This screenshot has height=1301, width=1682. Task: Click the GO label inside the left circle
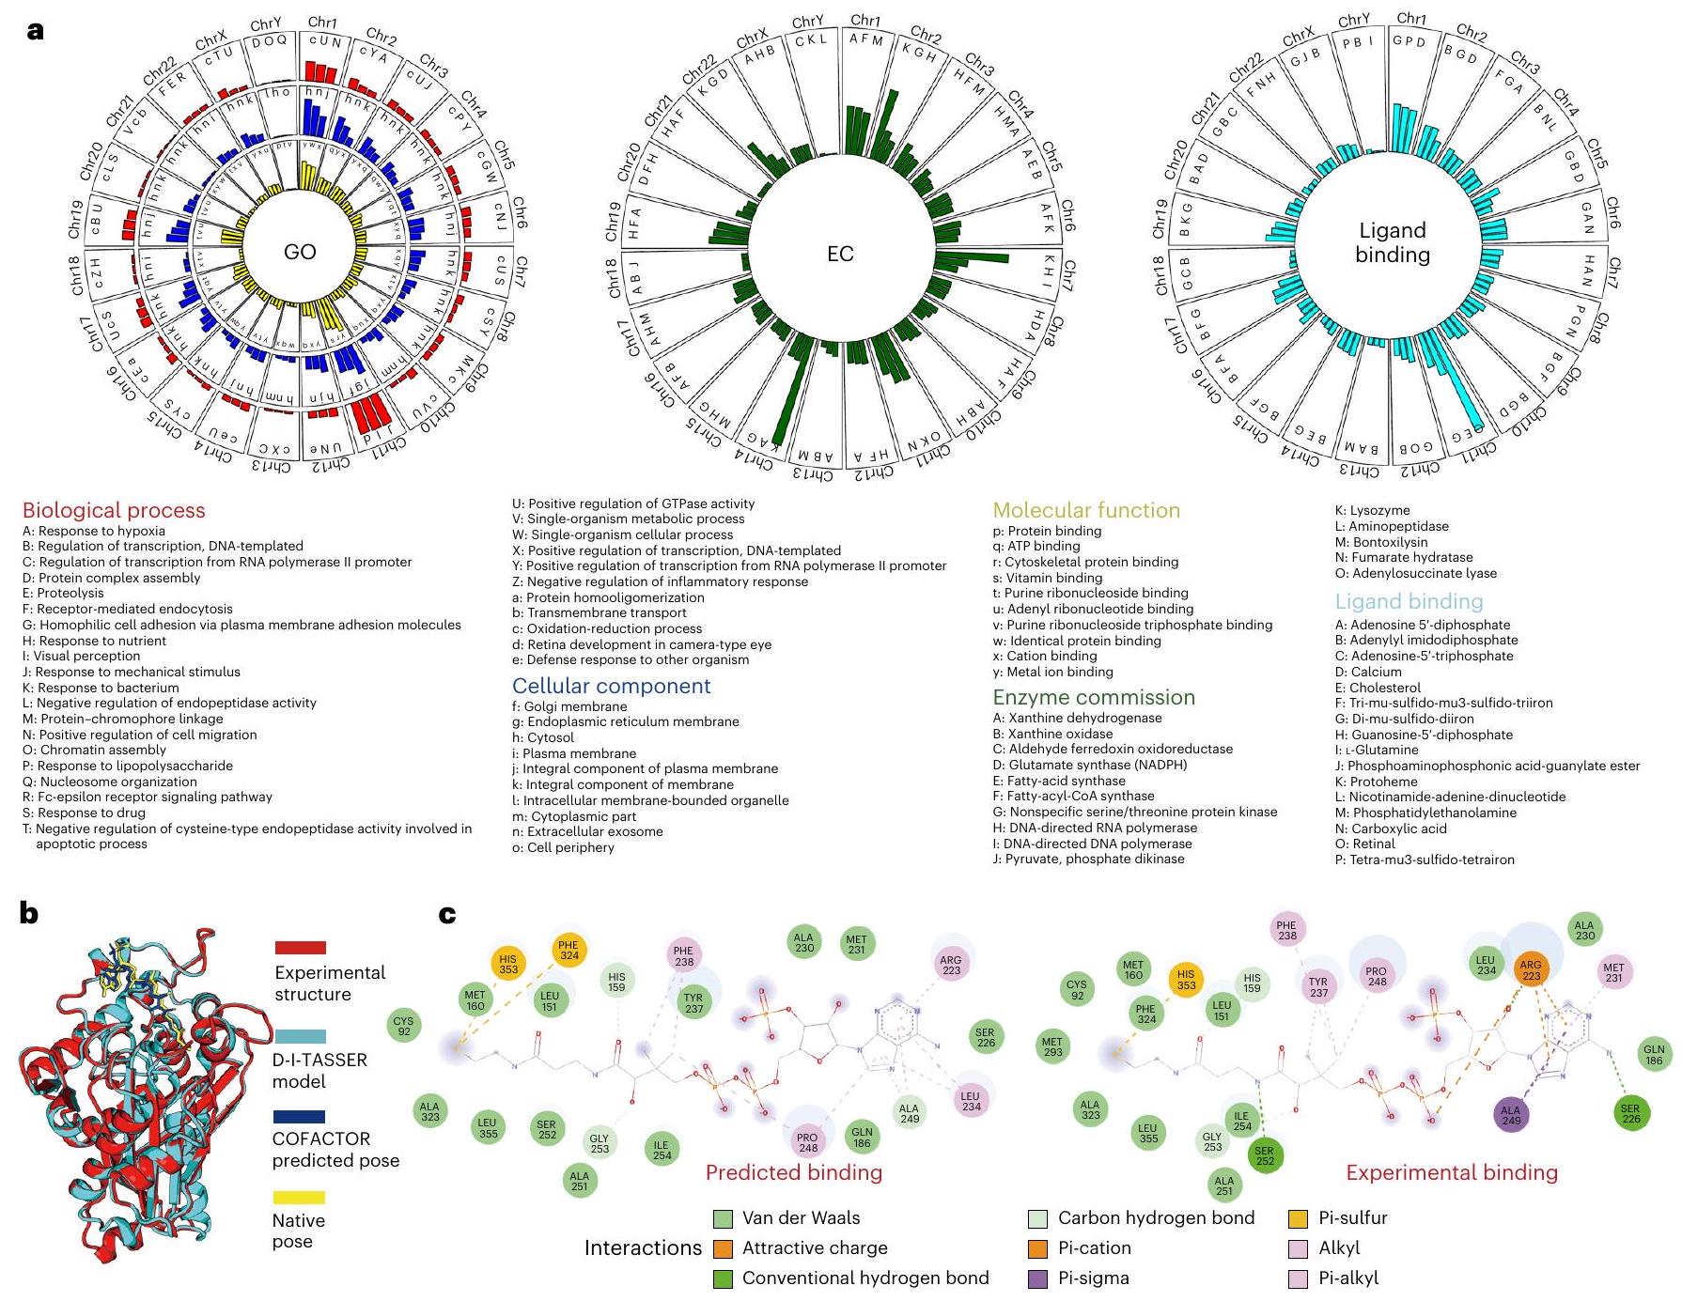click(x=300, y=252)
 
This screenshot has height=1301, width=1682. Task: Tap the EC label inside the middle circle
click(x=840, y=254)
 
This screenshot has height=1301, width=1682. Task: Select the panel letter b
click(x=29, y=913)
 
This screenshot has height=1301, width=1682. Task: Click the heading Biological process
click(x=114, y=510)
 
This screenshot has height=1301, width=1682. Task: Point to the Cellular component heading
click(x=611, y=686)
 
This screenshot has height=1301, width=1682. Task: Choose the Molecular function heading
click(x=1086, y=510)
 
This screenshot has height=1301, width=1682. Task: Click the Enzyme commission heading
click(x=1094, y=697)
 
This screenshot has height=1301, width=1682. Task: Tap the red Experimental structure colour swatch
click(x=301, y=948)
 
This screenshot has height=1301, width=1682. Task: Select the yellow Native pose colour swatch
click(x=299, y=1198)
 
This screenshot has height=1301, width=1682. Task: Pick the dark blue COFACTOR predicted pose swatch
click(x=299, y=1117)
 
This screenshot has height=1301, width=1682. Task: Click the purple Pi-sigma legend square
click(x=1037, y=1278)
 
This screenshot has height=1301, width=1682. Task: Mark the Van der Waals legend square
click(x=723, y=1218)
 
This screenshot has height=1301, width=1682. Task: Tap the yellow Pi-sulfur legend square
click(x=1298, y=1218)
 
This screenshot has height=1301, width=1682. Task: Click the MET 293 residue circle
click(x=1052, y=1045)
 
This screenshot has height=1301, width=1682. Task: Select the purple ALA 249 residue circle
click(x=1510, y=1115)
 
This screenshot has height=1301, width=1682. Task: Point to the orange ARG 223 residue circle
click(x=1531, y=969)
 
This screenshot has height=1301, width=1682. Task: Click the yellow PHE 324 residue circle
click(x=568, y=951)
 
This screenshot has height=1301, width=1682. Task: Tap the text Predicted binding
click(x=793, y=1172)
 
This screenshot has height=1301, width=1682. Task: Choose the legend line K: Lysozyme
click(x=1372, y=511)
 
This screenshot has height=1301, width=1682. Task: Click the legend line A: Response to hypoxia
click(x=94, y=531)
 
